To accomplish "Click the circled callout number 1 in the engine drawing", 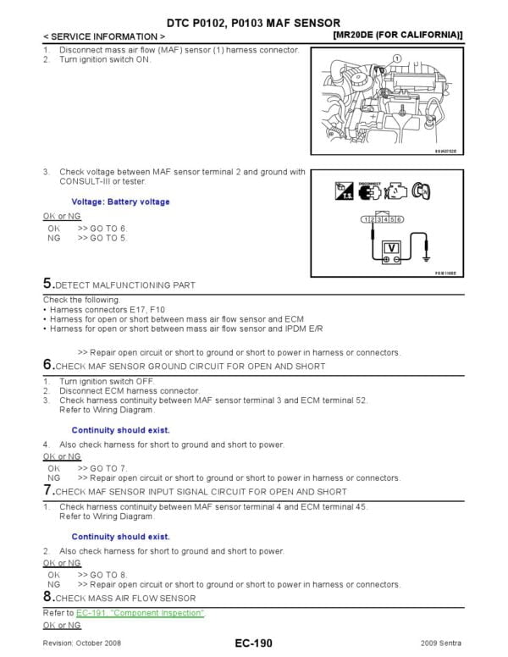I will [x=395, y=57].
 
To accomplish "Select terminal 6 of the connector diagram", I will [x=399, y=219].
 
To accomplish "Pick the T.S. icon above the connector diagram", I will [x=342, y=191].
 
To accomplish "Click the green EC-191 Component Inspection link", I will [x=140, y=612].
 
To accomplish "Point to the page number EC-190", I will [x=253, y=644].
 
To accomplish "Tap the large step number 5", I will [x=47, y=284].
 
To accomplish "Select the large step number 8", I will [x=47, y=597].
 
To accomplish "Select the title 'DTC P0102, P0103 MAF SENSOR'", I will [x=254, y=22].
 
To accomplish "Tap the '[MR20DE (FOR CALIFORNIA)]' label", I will [x=398, y=36].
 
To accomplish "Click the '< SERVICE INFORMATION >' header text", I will [x=103, y=37].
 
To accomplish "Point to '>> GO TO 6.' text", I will [x=102, y=229].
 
